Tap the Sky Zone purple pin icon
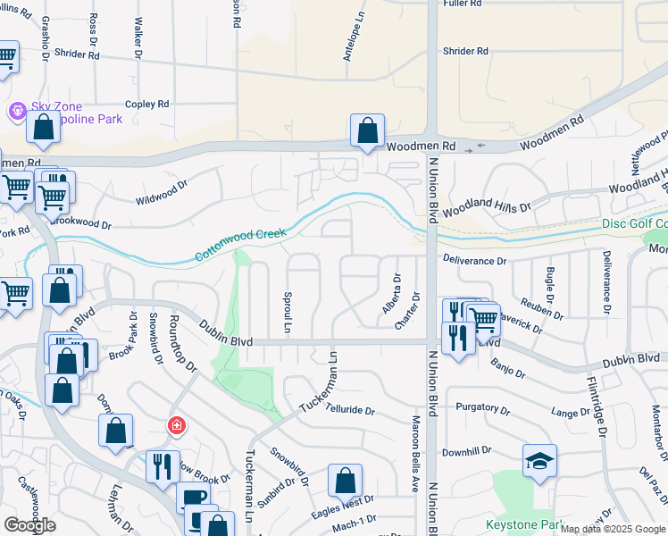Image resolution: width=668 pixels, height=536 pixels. [17, 111]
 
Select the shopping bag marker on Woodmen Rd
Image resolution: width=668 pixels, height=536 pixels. [367, 132]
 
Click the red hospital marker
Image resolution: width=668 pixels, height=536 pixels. [177, 425]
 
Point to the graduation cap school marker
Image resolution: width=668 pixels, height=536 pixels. [539, 461]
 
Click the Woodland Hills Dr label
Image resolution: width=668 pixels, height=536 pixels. [486, 207]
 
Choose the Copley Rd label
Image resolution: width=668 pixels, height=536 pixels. [146, 105]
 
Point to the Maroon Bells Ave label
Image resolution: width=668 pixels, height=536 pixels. [415, 455]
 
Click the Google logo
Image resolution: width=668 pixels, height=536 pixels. [30, 525]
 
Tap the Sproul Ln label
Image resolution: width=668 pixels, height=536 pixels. [288, 313]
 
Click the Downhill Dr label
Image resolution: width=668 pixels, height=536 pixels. [468, 451]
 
